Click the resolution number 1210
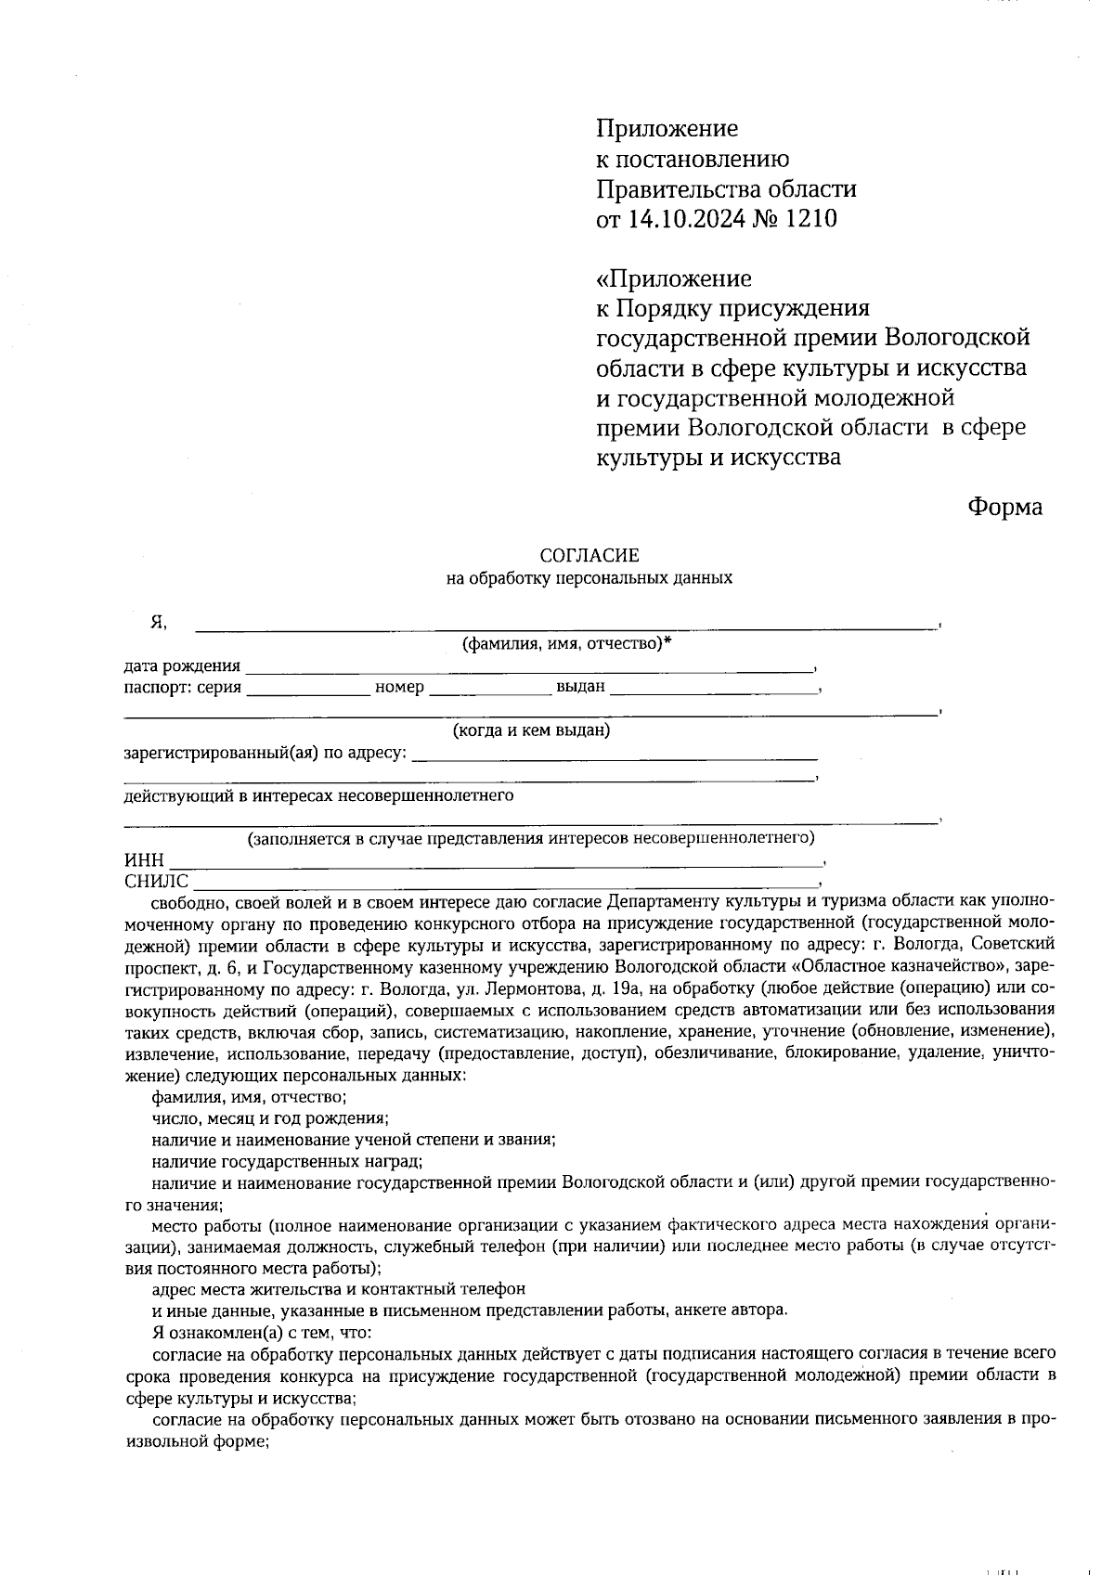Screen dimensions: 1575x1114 tap(810, 219)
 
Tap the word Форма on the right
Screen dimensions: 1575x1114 tap(1004, 507)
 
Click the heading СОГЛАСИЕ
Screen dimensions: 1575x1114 tap(589, 556)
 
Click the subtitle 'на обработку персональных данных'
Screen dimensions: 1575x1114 tap(589, 578)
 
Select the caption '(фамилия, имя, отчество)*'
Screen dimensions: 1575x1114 tap(566, 644)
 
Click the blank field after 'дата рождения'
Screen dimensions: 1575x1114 tap(529, 666)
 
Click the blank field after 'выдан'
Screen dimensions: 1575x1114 tap(713, 689)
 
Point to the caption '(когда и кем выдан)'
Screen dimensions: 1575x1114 tap(531, 730)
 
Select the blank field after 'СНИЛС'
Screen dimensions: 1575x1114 tap(506, 882)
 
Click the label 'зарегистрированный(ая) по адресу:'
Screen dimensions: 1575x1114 tap(266, 753)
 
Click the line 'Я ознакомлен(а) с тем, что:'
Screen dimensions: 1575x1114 tap(262, 1332)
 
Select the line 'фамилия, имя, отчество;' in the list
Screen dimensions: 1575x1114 tap(249, 1096)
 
